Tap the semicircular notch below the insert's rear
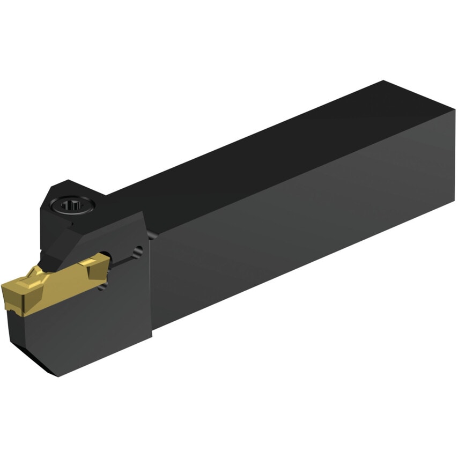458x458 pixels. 101,287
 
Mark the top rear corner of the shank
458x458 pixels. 383,82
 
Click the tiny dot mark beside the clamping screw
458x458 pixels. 71,220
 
